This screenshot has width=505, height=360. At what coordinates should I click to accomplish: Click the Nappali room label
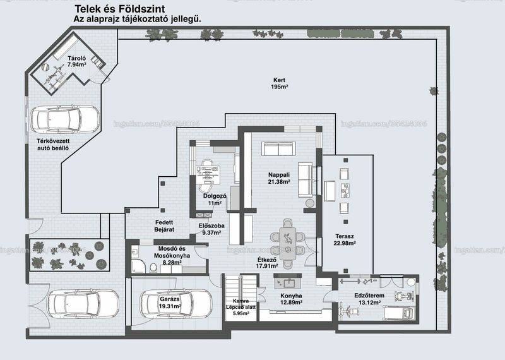coord(279,178)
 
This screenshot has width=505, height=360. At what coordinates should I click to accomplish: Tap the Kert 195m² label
coord(279,83)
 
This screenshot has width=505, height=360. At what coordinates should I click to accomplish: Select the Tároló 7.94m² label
coord(76,61)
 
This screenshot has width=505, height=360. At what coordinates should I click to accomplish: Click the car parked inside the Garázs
coord(176,303)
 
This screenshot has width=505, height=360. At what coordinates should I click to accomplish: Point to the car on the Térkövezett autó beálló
coord(65,119)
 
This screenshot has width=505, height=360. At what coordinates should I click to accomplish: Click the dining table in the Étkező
coord(288,244)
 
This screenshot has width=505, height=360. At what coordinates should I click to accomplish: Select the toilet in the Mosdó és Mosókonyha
coord(153,268)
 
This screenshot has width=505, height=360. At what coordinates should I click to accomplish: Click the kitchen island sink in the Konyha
coord(288,284)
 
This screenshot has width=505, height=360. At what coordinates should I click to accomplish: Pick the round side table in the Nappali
coord(310,203)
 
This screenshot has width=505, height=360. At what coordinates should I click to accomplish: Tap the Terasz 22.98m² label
coord(345,240)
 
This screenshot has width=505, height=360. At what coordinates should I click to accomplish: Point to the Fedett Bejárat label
coord(164,226)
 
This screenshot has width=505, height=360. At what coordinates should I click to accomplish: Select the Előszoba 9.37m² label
coord(211,229)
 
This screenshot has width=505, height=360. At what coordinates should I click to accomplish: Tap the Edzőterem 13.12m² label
coord(369,299)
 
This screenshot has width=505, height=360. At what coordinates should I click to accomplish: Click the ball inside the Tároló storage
coord(45,67)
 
